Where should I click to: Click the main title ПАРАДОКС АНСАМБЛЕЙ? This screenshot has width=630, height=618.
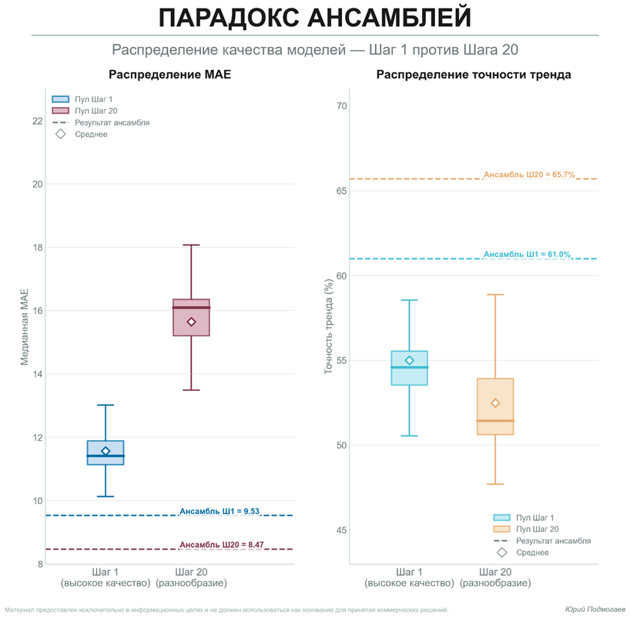(x=314, y=18)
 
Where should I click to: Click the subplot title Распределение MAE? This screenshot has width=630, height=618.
(x=169, y=75)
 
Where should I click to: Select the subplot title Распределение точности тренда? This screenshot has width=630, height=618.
(x=474, y=75)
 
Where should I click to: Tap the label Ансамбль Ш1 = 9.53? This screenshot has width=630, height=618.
(x=219, y=511)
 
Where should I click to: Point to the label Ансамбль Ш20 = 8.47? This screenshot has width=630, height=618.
(x=222, y=545)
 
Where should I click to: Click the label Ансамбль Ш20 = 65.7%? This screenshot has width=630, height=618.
(x=529, y=175)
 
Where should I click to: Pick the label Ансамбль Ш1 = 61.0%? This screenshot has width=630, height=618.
(x=527, y=254)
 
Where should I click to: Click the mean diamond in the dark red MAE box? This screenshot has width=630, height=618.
(x=192, y=322)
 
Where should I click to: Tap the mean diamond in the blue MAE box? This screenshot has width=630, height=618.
(x=106, y=451)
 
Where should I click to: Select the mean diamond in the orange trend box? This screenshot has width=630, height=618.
(x=495, y=403)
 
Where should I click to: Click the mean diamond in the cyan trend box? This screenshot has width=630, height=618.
(x=409, y=360)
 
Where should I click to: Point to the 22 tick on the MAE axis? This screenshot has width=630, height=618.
(x=37, y=121)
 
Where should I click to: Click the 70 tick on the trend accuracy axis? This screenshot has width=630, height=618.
(x=341, y=106)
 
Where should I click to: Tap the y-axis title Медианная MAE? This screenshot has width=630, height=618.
(x=24, y=326)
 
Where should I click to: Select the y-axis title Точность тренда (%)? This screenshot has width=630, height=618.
(x=328, y=327)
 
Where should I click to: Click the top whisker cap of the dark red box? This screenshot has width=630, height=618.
(x=192, y=245)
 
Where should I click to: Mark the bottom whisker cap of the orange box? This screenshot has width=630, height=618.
(x=495, y=484)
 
